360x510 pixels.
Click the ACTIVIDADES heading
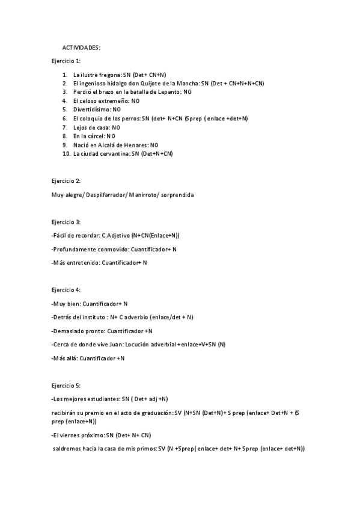82,47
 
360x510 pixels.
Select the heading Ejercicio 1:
66,61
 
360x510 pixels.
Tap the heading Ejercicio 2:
66,180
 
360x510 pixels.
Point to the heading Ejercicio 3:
66,222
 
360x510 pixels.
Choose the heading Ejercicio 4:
66,290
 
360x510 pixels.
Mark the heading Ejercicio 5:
66,384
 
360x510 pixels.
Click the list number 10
66,154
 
